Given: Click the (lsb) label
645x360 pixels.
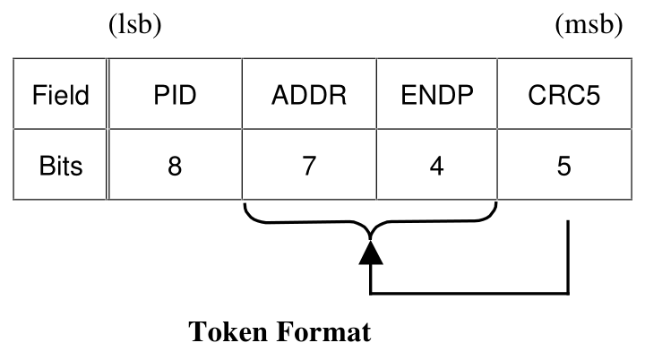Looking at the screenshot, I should coord(134,25).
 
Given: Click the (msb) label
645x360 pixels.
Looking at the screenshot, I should coord(589,25).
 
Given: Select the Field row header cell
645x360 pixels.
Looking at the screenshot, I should coord(61,95).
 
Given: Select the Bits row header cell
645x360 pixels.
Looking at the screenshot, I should coord(61,166).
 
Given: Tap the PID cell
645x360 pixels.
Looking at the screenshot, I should coord(175,95).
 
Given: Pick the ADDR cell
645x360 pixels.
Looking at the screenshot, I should coord(309,95).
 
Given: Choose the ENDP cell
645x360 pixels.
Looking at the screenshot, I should coord(436,95).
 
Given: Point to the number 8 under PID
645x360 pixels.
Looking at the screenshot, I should coord(175,166).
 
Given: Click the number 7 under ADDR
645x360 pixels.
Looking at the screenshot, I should coord(309,166).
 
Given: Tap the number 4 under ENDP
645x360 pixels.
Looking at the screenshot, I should coord(436,166).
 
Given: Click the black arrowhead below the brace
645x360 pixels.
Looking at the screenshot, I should coord(371,253).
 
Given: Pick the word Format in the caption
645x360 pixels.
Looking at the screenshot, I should coord(327,333).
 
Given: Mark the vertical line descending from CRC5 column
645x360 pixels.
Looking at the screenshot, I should coord(568,260).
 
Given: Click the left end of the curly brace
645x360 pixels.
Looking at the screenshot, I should coord(245,210).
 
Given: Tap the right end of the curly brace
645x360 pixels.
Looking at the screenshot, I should coord(496,210).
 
